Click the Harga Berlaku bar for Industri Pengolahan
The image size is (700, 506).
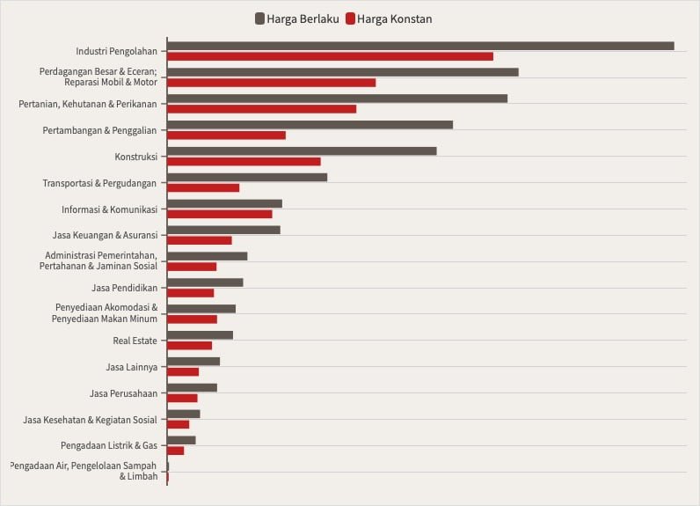coord(420,46)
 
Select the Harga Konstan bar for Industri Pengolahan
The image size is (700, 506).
coord(330,56)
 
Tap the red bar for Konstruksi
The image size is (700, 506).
coord(244,162)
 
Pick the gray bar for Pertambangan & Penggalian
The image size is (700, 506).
coord(310,125)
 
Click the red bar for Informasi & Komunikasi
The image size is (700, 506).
coord(220,214)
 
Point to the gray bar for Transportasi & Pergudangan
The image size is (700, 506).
coord(247,177)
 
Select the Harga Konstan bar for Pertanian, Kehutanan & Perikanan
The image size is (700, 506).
coord(261,109)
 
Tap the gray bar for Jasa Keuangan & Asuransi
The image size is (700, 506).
coord(223,230)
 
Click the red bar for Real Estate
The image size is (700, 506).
coord(189,346)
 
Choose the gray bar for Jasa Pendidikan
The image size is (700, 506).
coord(205,282)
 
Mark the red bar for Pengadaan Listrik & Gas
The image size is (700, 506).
coord(175,451)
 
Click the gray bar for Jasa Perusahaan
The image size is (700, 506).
coord(192,387)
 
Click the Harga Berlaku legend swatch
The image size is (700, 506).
coord(260,18)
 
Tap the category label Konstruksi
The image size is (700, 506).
coord(135,157)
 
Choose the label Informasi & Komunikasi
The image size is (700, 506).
coord(109,209)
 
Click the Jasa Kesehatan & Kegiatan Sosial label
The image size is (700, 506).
coord(90,420)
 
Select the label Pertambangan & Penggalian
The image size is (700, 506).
coord(99,130)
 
